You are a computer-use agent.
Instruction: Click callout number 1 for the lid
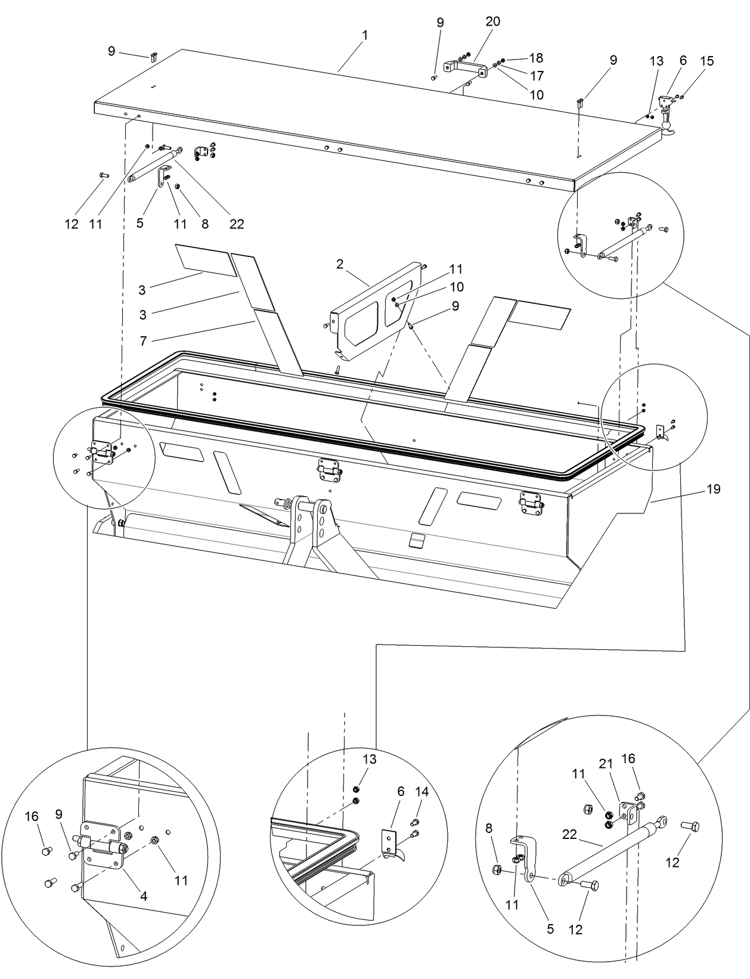(x=364, y=35)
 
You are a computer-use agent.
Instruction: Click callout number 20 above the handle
(x=492, y=21)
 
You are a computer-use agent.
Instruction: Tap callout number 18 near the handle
(x=536, y=58)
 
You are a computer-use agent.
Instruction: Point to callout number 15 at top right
(x=706, y=61)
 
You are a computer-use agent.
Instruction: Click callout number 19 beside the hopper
(x=713, y=489)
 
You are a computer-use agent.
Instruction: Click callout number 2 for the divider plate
(x=340, y=264)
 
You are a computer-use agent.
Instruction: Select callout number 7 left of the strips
(x=143, y=342)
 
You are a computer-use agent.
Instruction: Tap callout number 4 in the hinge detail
(x=144, y=895)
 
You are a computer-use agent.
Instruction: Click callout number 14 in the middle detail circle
(x=422, y=792)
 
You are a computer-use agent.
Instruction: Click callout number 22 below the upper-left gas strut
(x=237, y=224)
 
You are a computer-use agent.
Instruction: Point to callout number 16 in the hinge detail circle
(x=32, y=816)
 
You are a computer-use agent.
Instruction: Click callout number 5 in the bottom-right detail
(x=550, y=928)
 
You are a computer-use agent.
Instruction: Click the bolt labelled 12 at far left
(x=103, y=175)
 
